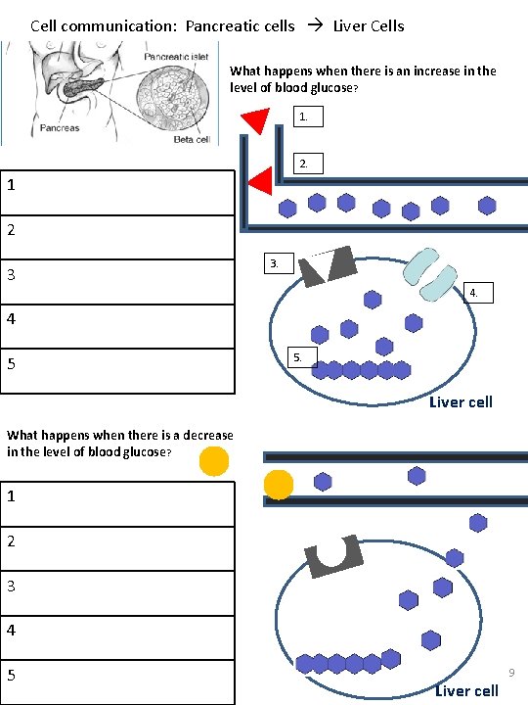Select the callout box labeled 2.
point(307,164)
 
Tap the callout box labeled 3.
point(278,263)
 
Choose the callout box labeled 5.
point(302,356)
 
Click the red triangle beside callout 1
point(256,120)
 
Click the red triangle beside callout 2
point(261,181)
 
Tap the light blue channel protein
point(431,272)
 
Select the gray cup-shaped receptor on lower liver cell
point(334,555)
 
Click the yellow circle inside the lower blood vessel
point(279,484)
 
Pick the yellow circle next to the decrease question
point(214,460)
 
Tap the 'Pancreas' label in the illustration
point(61,128)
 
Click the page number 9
point(510,673)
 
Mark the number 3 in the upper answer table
point(11,275)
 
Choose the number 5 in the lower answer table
point(11,675)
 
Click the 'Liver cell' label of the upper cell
point(461,401)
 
